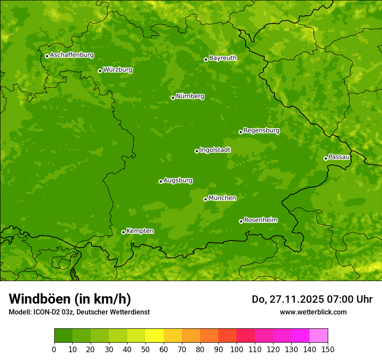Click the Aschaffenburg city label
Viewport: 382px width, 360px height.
pos(72,55)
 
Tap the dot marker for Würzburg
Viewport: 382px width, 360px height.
pos(100,71)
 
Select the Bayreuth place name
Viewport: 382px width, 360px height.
pos(223,58)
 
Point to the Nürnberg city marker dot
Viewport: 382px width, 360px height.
pos(173,98)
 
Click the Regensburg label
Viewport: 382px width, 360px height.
pos(261,130)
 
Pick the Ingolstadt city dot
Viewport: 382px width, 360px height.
pos(197,151)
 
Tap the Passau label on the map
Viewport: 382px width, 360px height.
pos(339,157)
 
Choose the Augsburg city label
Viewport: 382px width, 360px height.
pos(178,180)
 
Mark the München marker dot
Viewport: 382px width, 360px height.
pos(205,199)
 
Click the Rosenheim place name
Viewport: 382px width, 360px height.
pos(260,220)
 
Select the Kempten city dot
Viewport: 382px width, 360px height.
pos(123,232)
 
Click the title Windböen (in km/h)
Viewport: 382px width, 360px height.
pos(70,299)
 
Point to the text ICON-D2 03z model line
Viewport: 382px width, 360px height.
pos(79,312)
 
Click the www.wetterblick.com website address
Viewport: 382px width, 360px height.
pos(313,312)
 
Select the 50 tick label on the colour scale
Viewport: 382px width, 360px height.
pos(145,349)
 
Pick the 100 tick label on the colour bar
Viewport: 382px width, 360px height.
pos(237,349)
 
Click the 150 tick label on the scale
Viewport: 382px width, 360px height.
pos(328,349)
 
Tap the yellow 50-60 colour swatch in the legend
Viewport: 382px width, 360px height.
pos(155,335)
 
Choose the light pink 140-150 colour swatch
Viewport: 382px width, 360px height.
pos(319,335)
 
